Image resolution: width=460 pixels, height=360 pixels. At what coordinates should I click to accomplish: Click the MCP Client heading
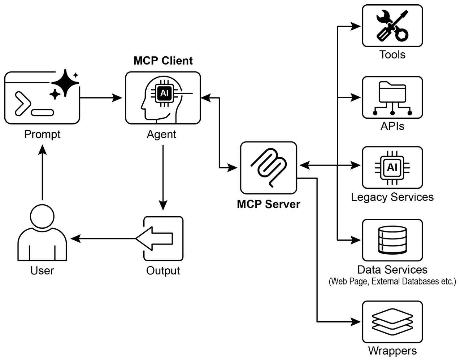click(x=163, y=60)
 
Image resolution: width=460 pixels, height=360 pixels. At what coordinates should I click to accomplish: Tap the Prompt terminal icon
click(x=42, y=98)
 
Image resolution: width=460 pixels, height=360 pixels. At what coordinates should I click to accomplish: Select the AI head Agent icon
click(x=163, y=98)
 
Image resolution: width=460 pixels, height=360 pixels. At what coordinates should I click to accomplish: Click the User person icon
click(x=42, y=232)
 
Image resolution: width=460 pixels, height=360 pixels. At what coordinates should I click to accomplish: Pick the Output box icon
click(x=163, y=239)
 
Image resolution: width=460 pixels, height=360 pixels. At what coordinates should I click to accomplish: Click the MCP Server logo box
click(x=269, y=168)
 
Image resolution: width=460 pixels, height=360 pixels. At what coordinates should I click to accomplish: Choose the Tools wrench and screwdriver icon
click(x=392, y=26)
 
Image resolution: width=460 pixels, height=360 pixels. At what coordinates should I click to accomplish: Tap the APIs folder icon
click(x=392, y=98)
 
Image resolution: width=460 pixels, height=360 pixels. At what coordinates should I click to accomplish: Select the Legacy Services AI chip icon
click(x=392, y=168)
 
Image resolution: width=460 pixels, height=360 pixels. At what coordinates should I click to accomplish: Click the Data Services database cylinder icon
click(x=392, y=240)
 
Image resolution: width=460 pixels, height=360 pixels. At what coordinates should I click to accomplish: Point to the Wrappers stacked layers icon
click(x=392, y=322)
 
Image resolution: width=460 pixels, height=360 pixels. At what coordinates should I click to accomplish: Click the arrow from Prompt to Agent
click(x=101, y=98)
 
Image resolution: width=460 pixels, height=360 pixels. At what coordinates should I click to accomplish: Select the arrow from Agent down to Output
click(x=163, y=177)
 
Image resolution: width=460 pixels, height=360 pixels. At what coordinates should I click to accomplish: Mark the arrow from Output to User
click(x=104, y=239)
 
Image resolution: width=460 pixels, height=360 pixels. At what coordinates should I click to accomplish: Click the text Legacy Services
click(x=392, y=197)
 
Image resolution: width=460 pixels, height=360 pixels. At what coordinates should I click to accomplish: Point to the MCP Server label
click(x=268, y=204)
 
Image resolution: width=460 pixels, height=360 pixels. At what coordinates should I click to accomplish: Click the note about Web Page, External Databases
click(x=392, y=281)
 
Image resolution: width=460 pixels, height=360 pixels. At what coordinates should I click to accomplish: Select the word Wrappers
click(x=392, y=351)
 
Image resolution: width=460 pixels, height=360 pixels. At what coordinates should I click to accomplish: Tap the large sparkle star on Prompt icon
click(x=65, y=83)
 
